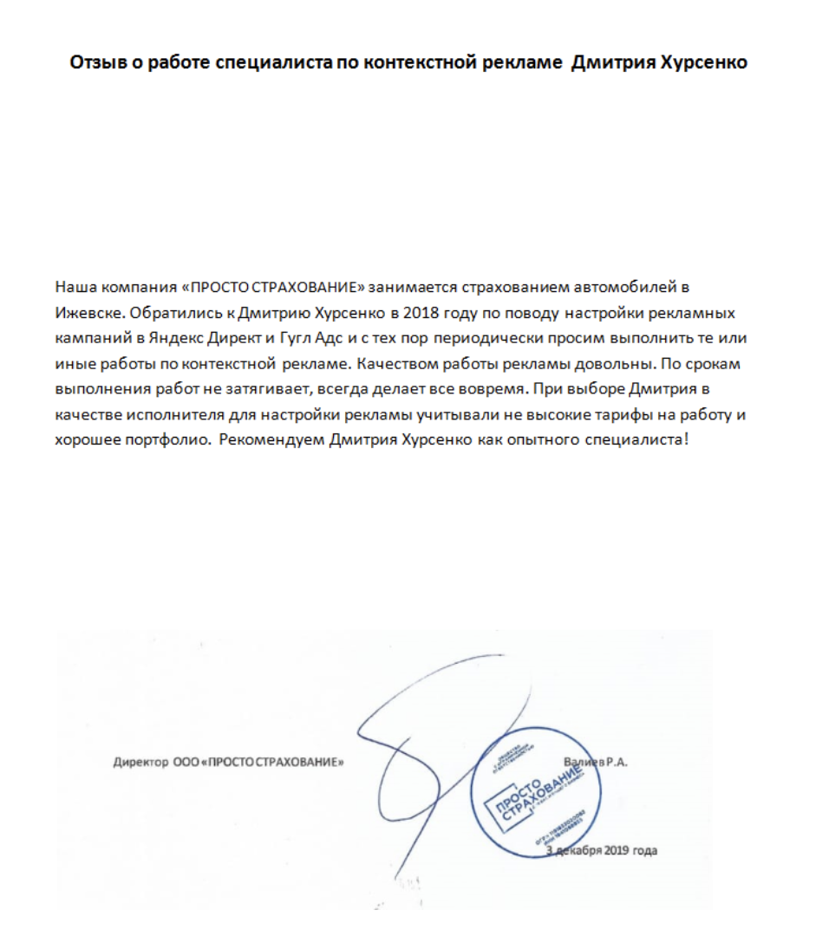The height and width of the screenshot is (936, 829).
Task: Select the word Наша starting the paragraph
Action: pyautogui.click(x=72, y=286)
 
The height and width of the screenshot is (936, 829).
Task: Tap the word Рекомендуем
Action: pyautogui.click(x=271, y=440)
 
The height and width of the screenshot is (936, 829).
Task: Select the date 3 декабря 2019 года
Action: pyautogui.click(x=602, y=850)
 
